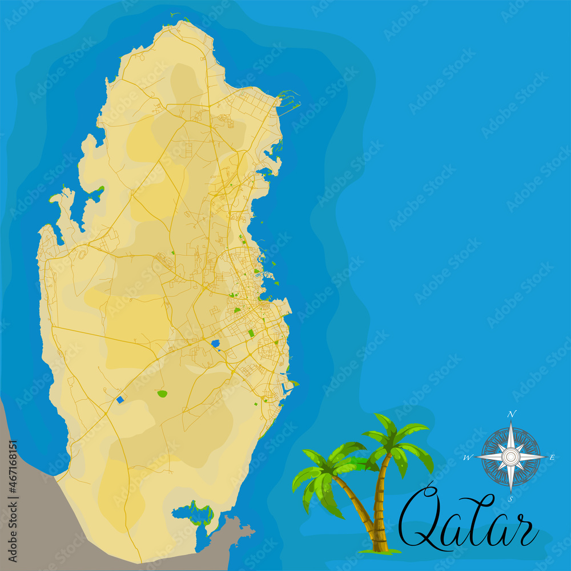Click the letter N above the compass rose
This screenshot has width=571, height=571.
point(512,414)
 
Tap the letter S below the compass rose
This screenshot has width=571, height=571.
point(510,498)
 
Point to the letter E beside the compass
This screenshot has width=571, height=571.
point(552,457)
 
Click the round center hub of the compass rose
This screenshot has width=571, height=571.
point(510,456)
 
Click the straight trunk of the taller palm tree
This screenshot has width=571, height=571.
point(378,502)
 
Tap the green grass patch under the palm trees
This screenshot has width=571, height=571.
point(380,552)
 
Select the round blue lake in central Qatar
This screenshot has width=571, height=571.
point(215,344)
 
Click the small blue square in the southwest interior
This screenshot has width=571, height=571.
point(120,400)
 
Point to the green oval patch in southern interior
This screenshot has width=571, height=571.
point(162,393)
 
